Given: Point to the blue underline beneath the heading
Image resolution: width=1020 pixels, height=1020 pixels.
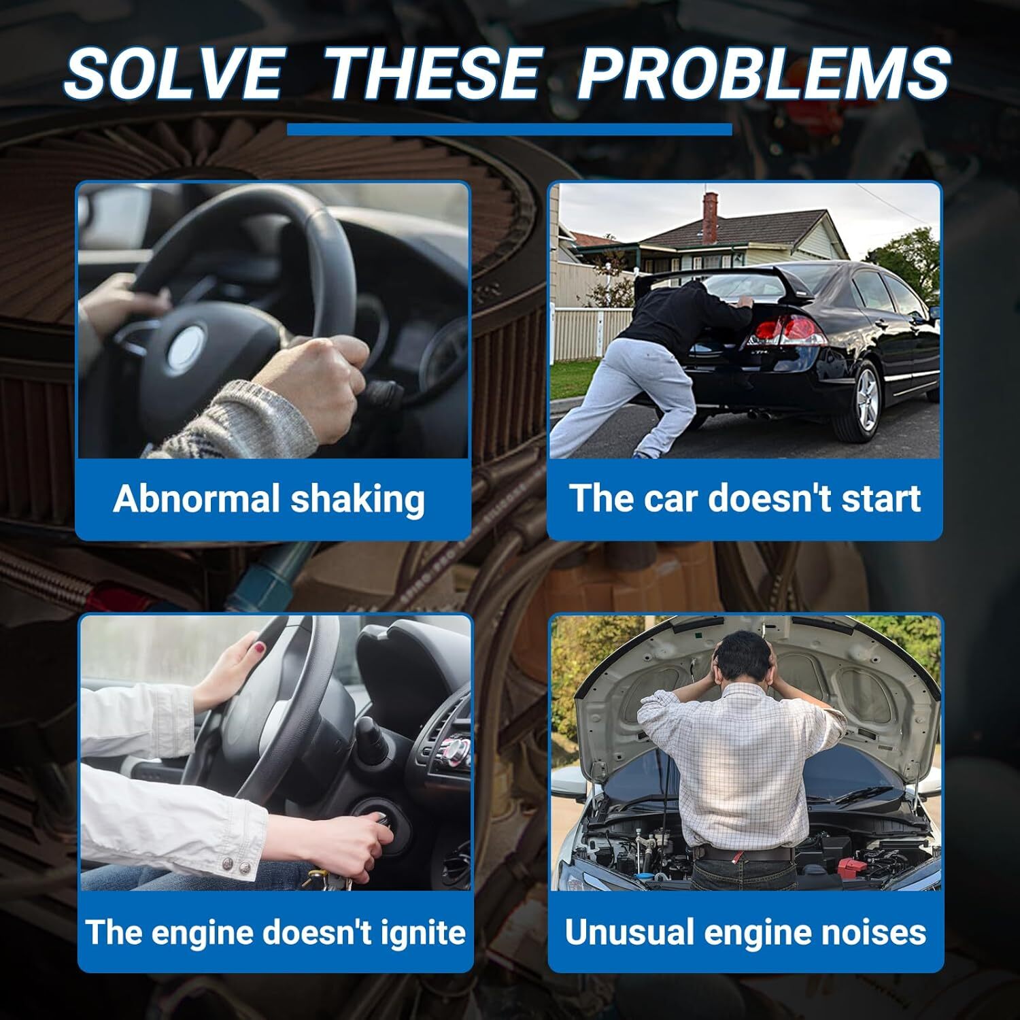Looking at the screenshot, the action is pyautogui.click(x=509, y=129).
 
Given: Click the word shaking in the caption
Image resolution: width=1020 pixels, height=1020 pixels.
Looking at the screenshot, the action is pyautogui.click(x=358, y=498).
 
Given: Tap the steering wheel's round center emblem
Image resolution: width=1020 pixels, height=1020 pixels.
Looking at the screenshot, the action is pyautogui.click(x=186, y=347).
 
